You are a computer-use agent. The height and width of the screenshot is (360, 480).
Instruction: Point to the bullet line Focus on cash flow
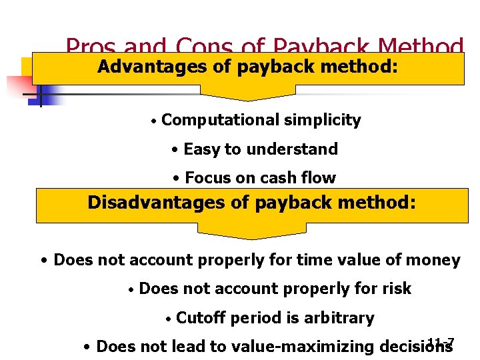tap(253, 178)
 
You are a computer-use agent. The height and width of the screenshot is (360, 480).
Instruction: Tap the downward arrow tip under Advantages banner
tap(248, 97)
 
